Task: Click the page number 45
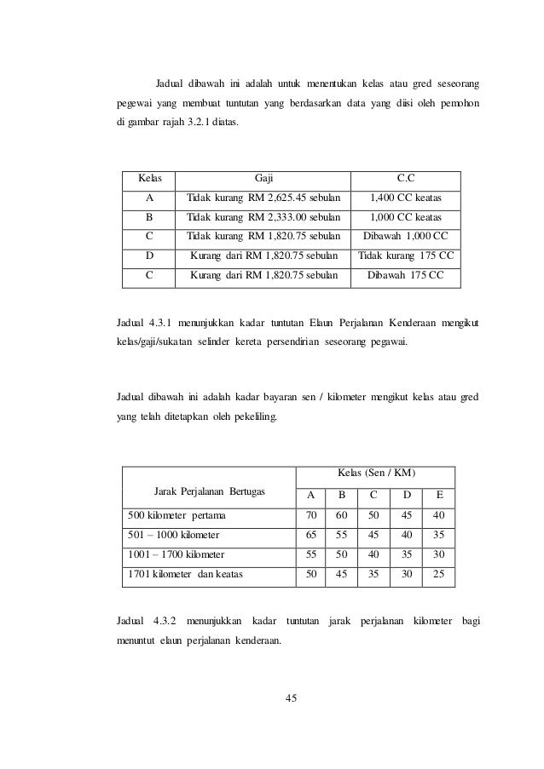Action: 291,699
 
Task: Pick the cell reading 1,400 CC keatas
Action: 406,198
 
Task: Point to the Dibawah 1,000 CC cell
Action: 406,236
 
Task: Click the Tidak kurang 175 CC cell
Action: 406,255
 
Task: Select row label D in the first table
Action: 149,255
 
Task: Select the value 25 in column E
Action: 438,575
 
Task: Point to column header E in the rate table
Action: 438,496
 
